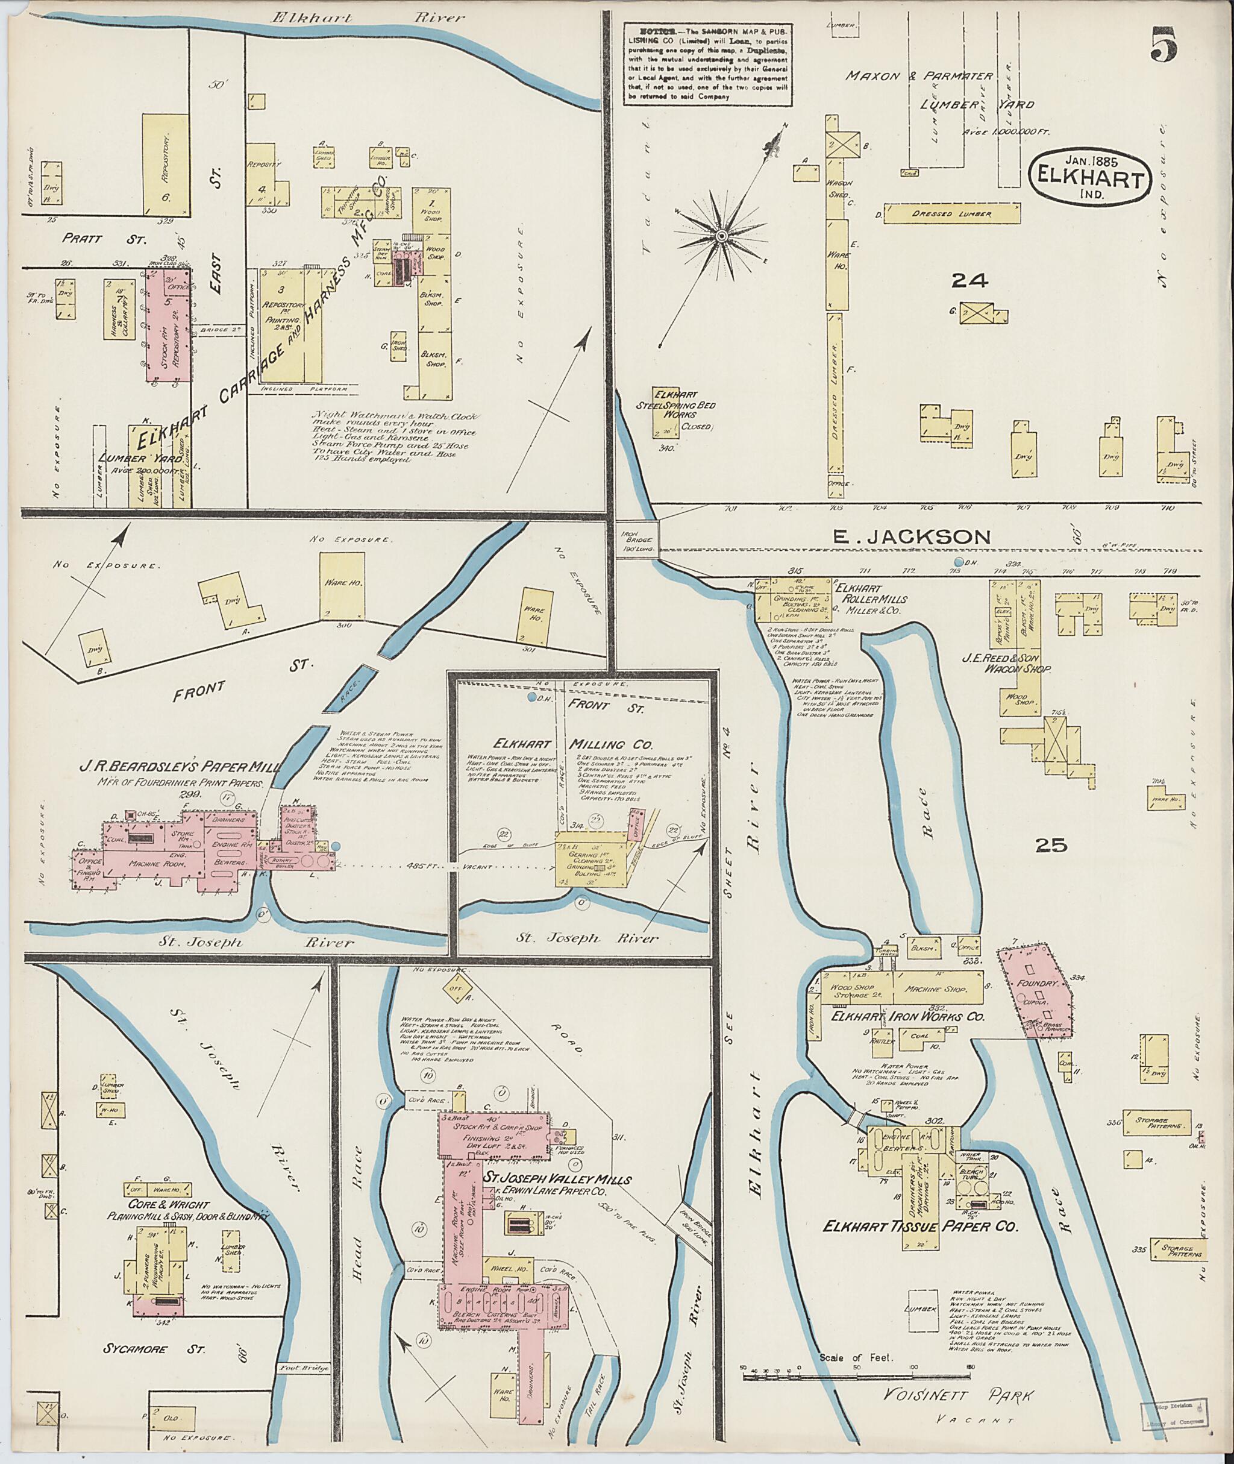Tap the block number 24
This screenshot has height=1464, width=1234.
pyautogui.click(x=969, y=281)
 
